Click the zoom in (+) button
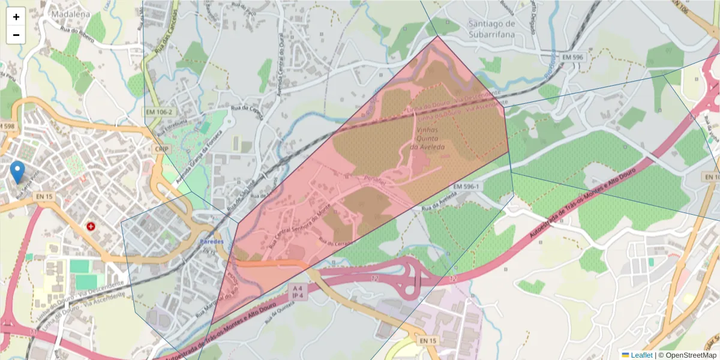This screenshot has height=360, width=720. click(x=16, y=17)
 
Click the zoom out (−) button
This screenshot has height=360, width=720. click(x=16, y=35)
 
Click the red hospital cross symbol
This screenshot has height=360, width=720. click(x=91, y=226)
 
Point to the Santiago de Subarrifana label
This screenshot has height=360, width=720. click(x=491, y=28)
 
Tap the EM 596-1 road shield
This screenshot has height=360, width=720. click(x=467, y=187)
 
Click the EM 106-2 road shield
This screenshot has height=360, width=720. click(x=158, y=112)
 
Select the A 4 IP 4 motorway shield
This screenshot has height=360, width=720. click(x=298, y=292)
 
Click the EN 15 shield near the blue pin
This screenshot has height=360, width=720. click(x=44, y=196)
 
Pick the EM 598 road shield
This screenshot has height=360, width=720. click(x=6, y=126)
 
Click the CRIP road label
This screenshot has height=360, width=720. click(x=160, y=149)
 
